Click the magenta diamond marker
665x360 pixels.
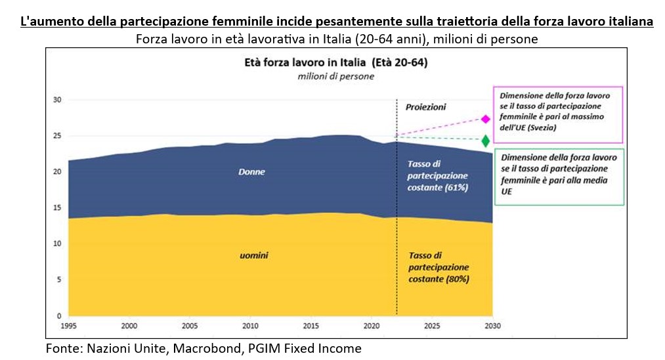(x=486, y=119)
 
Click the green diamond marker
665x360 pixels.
(x=486, y=141)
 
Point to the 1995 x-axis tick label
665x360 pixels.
(x=68, y=325)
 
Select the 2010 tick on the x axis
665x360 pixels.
(x=249, y=325)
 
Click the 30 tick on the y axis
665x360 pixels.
(x=56, y=100)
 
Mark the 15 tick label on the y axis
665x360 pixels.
(x=56, y=208)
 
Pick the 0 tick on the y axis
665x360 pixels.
(x=59, y=315)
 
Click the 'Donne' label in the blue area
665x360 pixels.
(x=251, y=171)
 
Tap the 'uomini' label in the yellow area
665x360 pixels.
(x=251, y=254)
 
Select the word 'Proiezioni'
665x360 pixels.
(x=425, y=106)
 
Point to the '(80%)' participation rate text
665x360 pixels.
(x=456, y=279)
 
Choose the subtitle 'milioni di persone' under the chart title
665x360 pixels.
(x=335, y=76)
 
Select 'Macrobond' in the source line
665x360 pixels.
(x=202, y=348)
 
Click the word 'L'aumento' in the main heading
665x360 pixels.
(x=47, y=22)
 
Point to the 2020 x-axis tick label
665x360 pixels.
(x=372, y=325)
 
